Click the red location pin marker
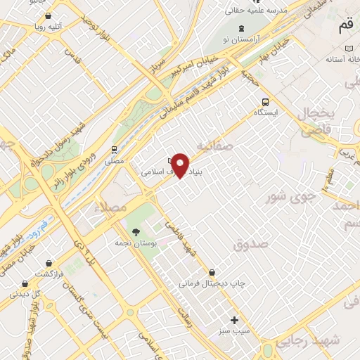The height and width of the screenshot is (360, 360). pos(181,165)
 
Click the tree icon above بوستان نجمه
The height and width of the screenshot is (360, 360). pos(136,232)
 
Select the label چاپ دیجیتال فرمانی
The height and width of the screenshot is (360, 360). pos(212,283)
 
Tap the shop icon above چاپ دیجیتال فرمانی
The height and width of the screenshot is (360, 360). pos(212,272)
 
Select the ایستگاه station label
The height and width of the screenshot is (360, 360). pos(266,112)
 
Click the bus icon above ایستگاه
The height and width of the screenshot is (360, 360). pos(265,101)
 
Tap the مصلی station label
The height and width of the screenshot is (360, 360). pos(114,161)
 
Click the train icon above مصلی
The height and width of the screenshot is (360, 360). pos(113,150)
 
